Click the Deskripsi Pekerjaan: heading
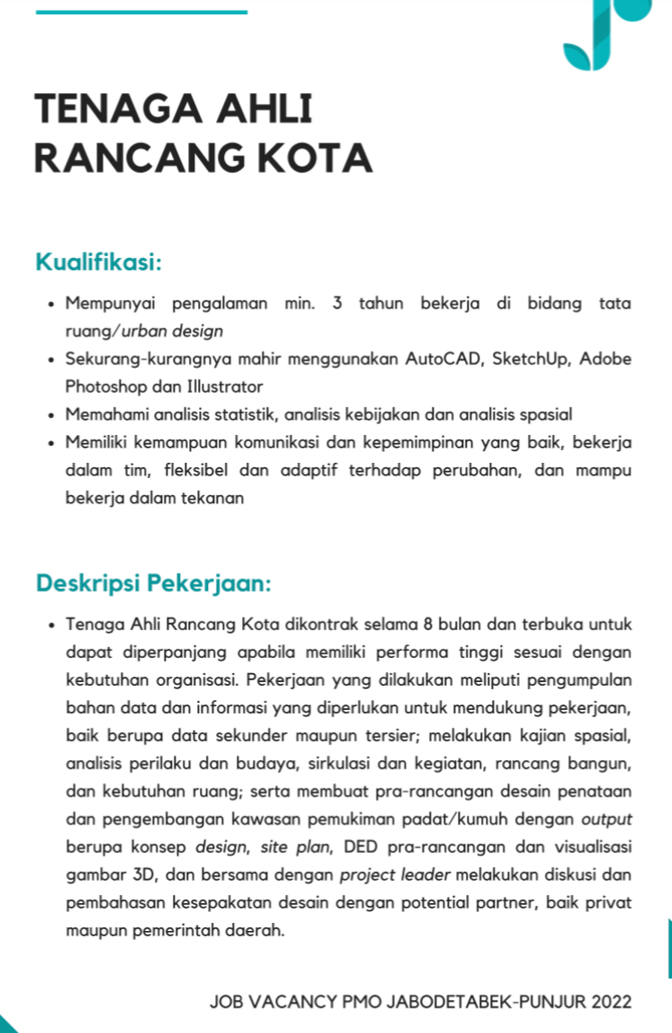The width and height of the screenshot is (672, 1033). tap(153, 584)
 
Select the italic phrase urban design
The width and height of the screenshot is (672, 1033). tap(173, 331)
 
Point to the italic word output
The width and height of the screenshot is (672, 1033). tap(607, 818)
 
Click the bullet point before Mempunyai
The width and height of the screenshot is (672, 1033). tap(52, 304)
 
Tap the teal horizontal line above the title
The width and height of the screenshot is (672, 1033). tap(141, 12)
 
